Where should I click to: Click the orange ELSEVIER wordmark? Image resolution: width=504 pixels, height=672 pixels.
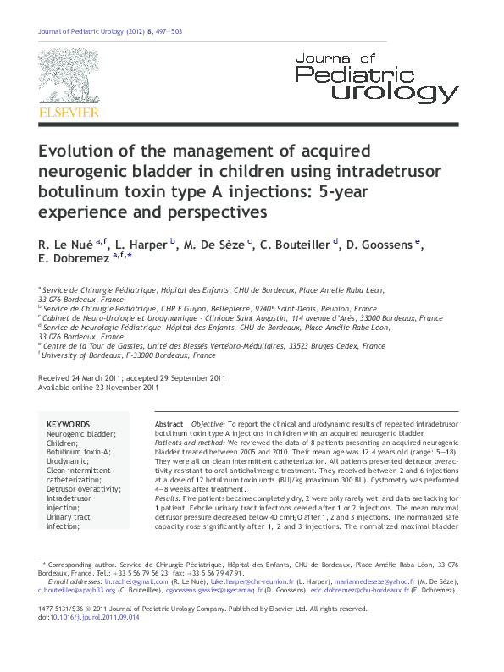click(x=69, y=112)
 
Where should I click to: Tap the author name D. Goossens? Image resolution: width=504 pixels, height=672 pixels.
click(x=379, y=244)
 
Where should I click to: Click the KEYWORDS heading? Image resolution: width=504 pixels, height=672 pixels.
click(x=68, y=424)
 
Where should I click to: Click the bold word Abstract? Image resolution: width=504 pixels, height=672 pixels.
click(x=169, y=423)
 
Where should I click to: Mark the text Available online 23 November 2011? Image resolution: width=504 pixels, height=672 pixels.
click(x=98, y=388)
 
